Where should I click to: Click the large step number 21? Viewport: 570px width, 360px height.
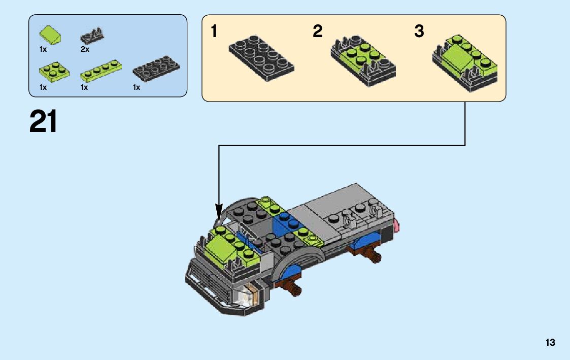(x=43, y=122)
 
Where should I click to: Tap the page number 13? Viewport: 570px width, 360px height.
(x=550, y=343)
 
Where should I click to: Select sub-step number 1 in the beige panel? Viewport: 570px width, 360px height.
(x=214, y=31)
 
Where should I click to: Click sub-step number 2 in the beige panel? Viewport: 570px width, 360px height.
(x=317, y=31)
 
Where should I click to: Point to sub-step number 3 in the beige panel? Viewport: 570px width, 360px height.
(x=419, y=31)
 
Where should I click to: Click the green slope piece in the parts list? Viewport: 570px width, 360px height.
(x=50, y=35)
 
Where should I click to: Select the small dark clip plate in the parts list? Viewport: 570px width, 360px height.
(x=92, y=35)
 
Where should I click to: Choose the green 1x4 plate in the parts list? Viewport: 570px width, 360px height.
(x=100, y=71)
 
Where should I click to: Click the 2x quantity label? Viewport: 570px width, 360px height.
(x=85, y=49)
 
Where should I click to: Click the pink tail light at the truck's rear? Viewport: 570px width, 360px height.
(x=396, y=226)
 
